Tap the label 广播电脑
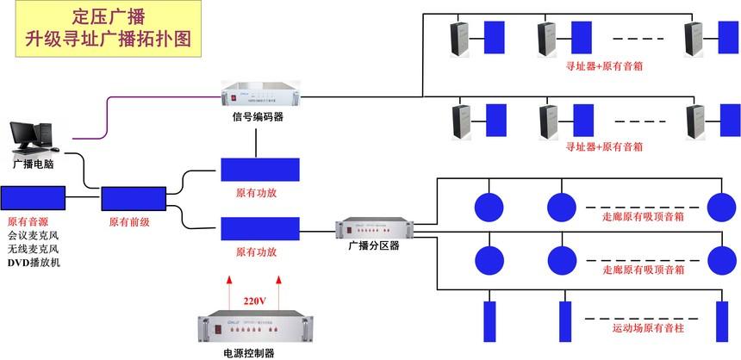(34, 164)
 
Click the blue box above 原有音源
(34, 199)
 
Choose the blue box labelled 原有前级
(133, 199)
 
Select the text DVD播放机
(35, 263)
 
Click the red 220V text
(255, 301)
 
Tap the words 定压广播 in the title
(108, 16)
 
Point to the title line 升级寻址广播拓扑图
(108, 39)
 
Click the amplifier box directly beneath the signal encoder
(260, 170)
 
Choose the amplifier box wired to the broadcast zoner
(260, 229)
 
